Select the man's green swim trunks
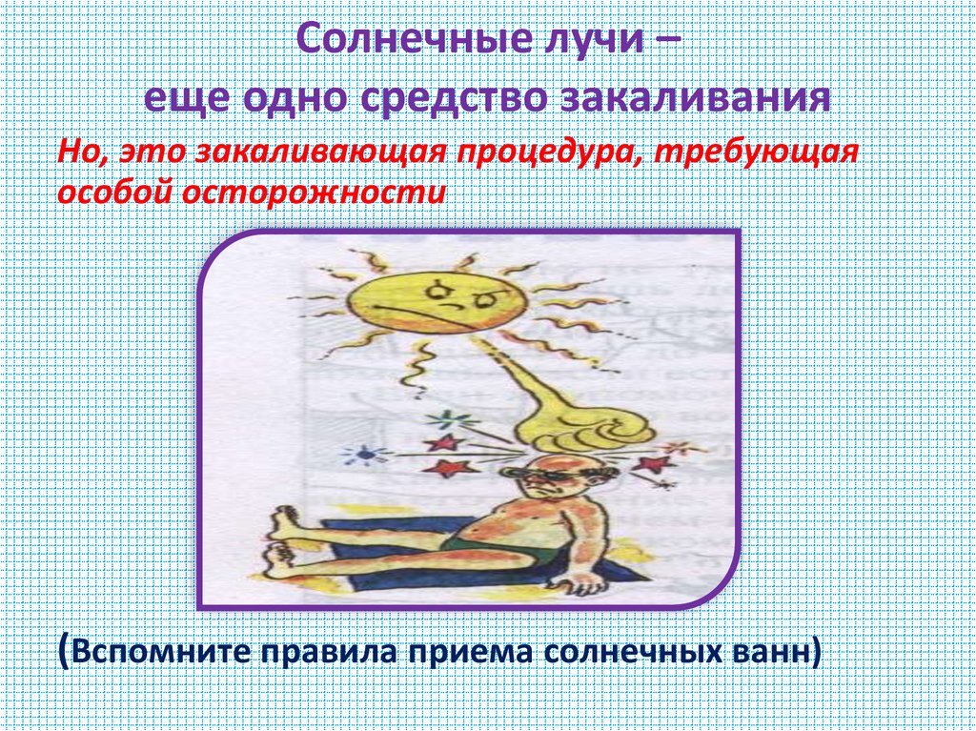495,549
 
